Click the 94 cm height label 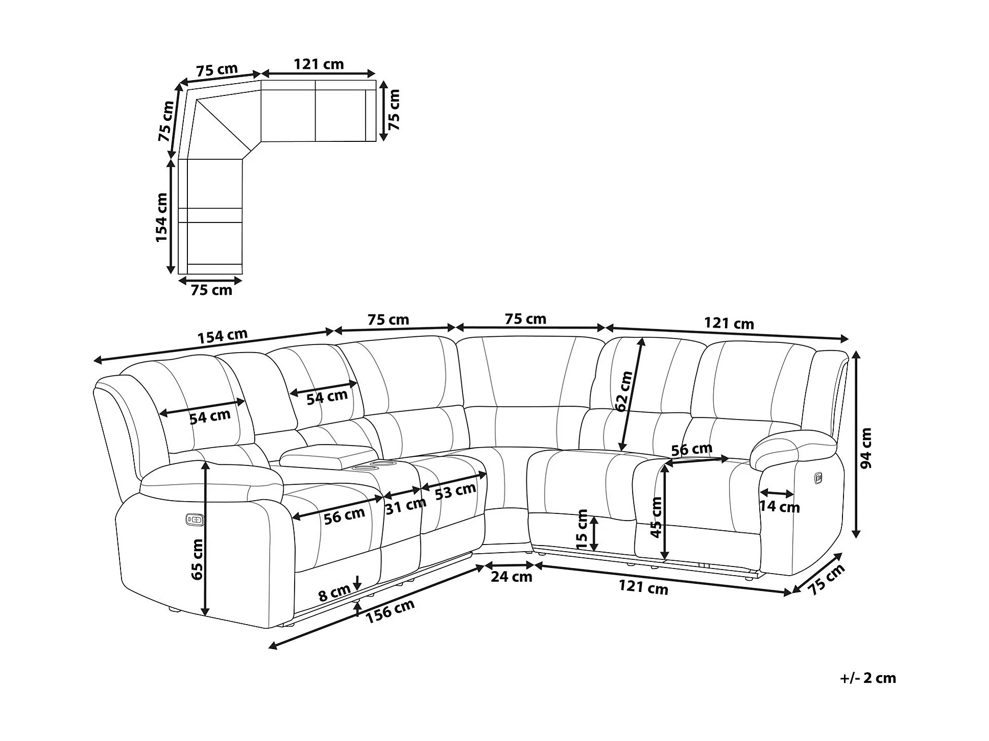coord(866,448)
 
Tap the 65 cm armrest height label coord(197,559)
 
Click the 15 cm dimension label coord(582,529)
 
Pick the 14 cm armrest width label coord(779,506)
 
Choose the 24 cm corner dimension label coord(511,577)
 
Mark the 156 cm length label coord(390,611)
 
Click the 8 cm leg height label coord(334,593)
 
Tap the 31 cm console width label coord(405,506)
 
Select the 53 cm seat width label coord(455,491)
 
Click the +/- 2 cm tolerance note coord(867,678)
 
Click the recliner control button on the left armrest coord(195,520)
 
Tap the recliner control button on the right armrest coord(818,478)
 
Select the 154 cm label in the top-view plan coord(161,217)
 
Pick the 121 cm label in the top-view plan coord(319,64)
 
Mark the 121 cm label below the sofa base coord(643,587)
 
